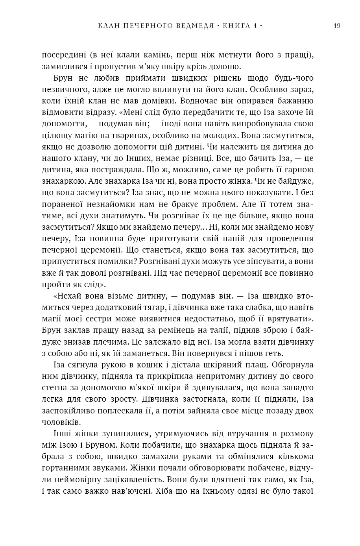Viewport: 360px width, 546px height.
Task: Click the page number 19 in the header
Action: click(x=336, y=26)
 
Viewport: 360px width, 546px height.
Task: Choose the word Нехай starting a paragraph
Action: click(x=69, y=296)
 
